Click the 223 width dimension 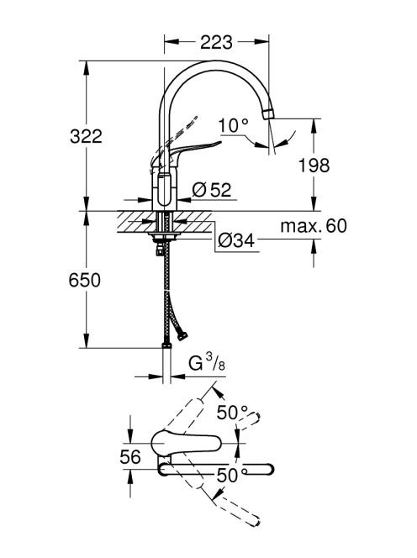[x=216, y=42]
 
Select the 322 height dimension [x=86, y=136]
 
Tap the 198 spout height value [x=314, y=166]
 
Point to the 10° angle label [x=233, y=125]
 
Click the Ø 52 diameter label [x=212, y=190]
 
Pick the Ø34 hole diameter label [x=236, y=241]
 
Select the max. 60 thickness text [x=314, y=225]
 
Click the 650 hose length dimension [x=84, y=280]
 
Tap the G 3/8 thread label [x=207, y=364]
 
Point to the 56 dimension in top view [x=130, y=457]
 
